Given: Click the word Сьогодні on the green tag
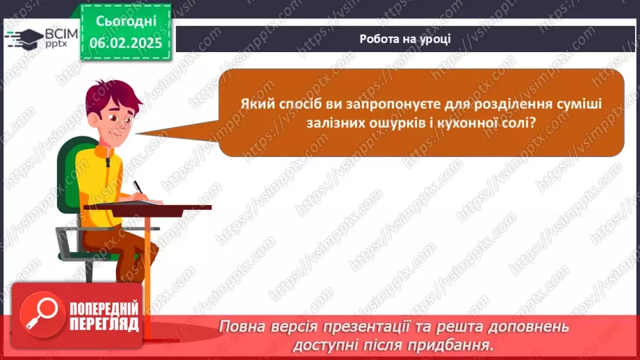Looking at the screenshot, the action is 126,22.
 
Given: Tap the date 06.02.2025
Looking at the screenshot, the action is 126,43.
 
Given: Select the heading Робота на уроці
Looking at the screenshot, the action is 405,39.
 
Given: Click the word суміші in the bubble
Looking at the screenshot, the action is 578,104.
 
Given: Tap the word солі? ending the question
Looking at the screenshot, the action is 519,122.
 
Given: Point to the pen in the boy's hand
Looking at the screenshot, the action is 139,188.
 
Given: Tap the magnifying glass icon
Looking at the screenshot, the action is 42,315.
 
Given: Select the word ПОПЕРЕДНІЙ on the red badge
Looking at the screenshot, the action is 104,309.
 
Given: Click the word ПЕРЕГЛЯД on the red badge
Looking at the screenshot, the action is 104,325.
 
